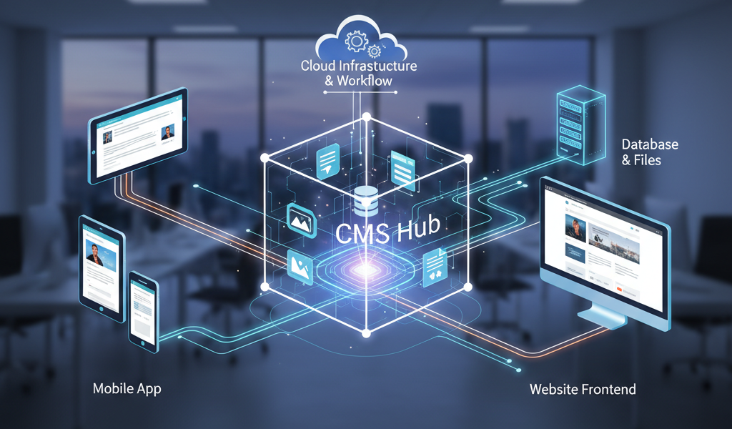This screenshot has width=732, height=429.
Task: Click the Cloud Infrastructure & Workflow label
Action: [359, 73]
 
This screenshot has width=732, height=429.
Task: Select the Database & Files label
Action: [649, 152]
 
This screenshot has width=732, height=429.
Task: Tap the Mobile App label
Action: [127, 389]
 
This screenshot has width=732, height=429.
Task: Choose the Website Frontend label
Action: [583, 390]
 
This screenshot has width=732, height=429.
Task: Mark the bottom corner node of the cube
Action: [366, 333]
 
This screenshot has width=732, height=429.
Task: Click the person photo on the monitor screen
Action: [577, 229]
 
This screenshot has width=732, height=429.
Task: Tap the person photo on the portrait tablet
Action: [95, 251]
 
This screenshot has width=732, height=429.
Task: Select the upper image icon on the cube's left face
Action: [301, 218]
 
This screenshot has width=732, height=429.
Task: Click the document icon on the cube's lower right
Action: [434, 267]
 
